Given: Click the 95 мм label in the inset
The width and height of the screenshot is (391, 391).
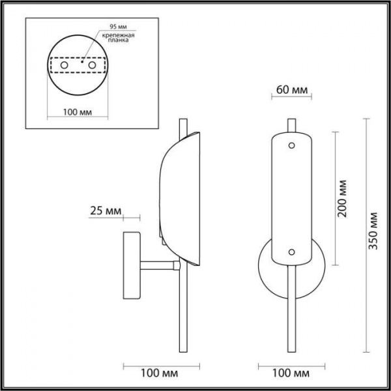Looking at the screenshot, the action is pyautogui.click(x=119, y=26).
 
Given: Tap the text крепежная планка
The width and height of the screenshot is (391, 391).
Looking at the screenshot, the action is pyautogui.click(x=118, y=37).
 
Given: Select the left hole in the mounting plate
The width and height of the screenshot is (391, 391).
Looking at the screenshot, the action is pyautogui.click(x=64, y=65).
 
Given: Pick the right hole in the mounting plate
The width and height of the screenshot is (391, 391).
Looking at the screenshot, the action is pyautogui.click(x=92, y=65).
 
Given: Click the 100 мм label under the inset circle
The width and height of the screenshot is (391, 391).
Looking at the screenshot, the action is pyautogui.click(x=78, y=112).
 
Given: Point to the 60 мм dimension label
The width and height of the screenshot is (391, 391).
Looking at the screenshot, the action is pyautogui.click(x=292, y=90).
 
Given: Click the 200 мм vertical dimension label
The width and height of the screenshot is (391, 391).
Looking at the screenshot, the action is pyautogui.click(x=341, y=198).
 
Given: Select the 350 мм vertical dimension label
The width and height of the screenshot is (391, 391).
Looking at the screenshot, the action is pyautogui.click(x=373, y=231).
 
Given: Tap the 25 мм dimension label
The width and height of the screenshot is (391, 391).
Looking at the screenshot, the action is pyautogui.click(x=106, y=211).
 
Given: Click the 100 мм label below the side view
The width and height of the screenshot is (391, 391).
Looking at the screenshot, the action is pyautogui.click(x=160, y=373).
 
